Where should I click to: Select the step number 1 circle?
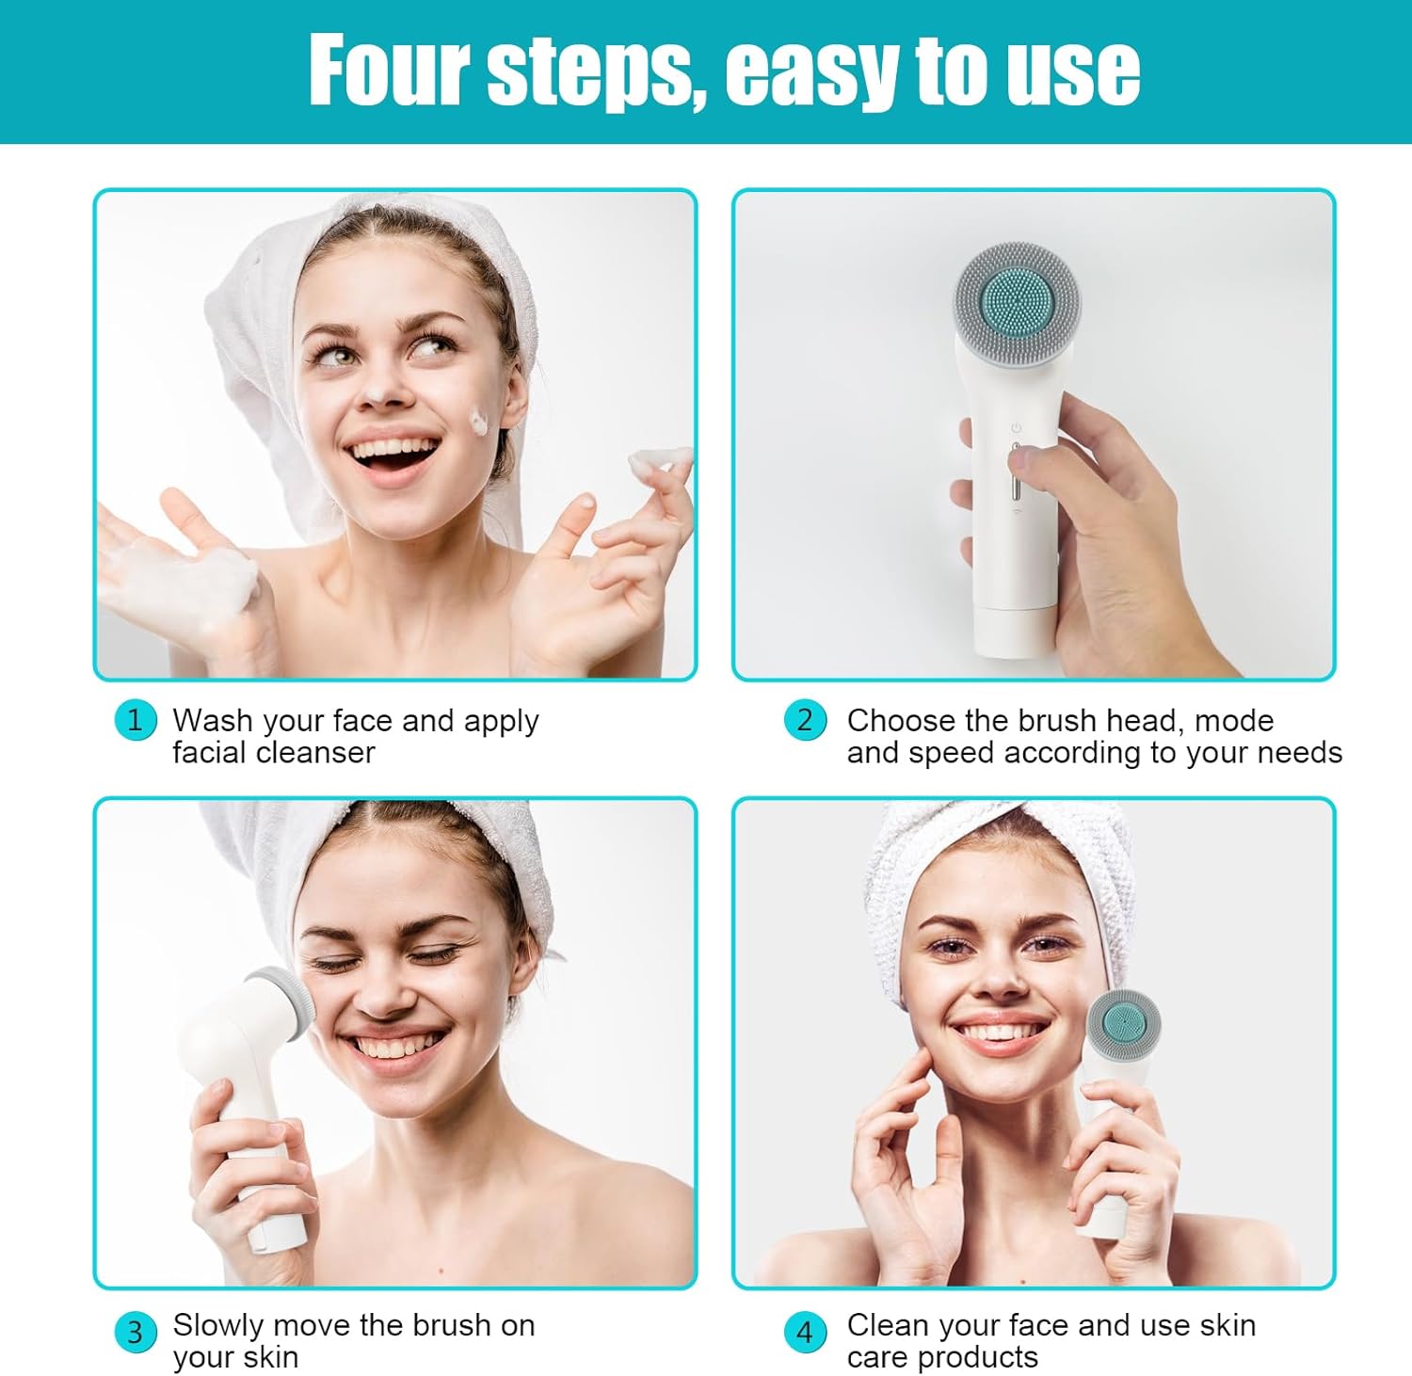[135, 721]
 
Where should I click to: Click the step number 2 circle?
[805, 721]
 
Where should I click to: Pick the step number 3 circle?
[135, 1333]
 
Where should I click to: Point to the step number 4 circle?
[805, 1333]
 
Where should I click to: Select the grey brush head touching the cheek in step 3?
[279, 1004]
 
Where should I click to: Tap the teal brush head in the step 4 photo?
[1124, 1026]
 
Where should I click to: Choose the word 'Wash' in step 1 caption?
[214, 721]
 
